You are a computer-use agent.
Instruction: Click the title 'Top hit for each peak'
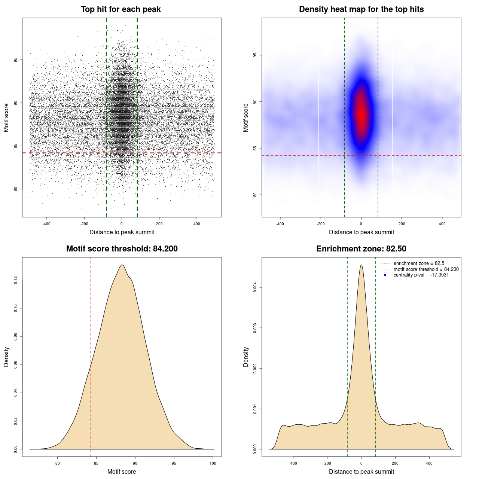point(120,9)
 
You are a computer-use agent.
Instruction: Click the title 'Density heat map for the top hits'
point(361,9)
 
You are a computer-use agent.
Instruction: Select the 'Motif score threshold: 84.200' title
point(122,249)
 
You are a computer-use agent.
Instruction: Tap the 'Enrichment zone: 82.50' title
point(361,249)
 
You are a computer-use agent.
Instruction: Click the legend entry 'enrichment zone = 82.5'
point(419,263)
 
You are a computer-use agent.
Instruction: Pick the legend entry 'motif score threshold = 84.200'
point(426,269)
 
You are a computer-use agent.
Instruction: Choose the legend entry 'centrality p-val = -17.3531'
point(421,275)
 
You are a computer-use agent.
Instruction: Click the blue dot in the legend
point(385,275)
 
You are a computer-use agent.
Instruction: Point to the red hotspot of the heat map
point(361,114)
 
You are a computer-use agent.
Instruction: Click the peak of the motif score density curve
point(122,265)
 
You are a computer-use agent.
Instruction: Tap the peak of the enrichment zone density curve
point(361,265)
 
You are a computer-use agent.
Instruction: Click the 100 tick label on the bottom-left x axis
point(213,463)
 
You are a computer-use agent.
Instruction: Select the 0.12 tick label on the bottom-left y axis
point(15,280)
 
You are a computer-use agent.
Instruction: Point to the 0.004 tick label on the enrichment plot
point(255,287)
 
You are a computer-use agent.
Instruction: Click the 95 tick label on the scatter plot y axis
point(15,60)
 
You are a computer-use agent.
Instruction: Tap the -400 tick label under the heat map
point(280,224)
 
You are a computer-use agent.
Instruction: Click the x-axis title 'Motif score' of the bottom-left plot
point(122,472)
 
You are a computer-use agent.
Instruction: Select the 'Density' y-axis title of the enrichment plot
point(246,357)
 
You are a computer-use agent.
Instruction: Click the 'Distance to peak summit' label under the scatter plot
point(122,232)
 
